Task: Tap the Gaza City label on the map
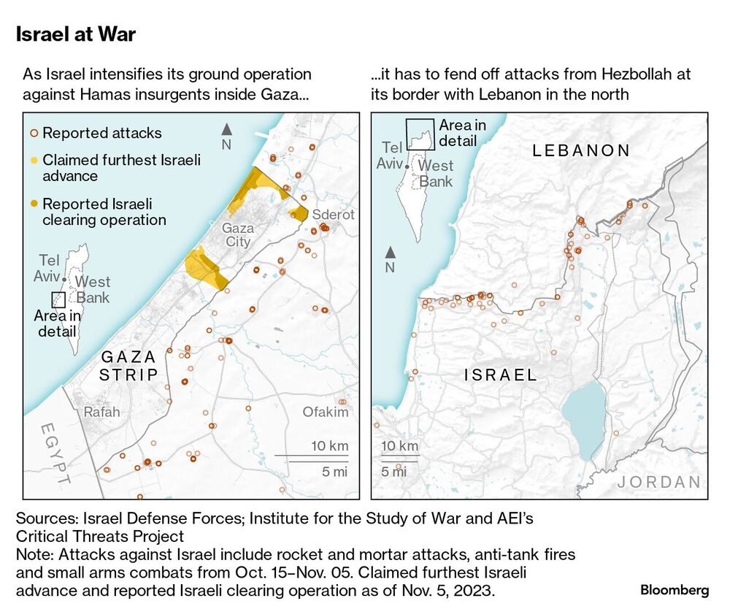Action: [x=238, y=235]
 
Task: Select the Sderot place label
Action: [x=333, y=215]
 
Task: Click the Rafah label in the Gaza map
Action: [x=101, y=413]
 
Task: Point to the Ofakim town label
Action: [x=326, y=413]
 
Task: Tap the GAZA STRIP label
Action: [x=129, y=366]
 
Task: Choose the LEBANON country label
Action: [x=581, y=151]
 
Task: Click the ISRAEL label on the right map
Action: [x=501, y=375]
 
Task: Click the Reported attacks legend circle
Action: [x=34, y=134]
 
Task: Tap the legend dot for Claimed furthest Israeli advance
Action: [x=34, y=160]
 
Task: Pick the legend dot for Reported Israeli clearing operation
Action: [x=34, y=204]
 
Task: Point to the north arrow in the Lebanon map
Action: [x=391, y=253]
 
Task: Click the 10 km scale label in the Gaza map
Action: [x=330, y=446]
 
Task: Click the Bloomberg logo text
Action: [x=675, y=589]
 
